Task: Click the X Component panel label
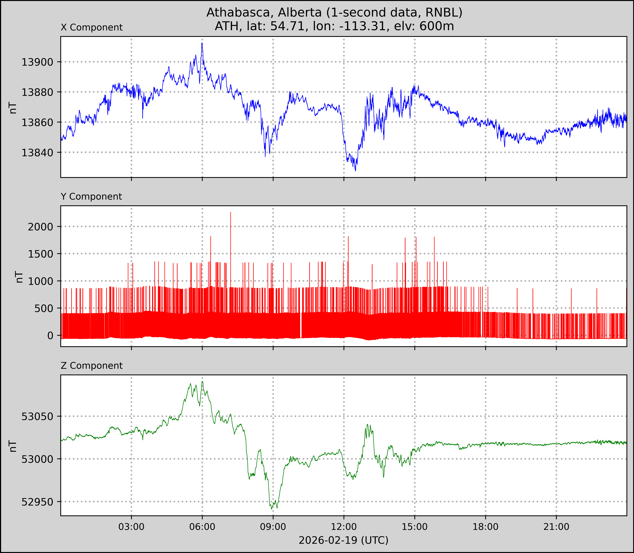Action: click(92, 28)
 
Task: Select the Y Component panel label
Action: click(91, 197)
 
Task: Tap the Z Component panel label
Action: click(92, 366)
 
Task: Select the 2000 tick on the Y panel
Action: click(40, 227)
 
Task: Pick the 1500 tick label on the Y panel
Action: click(40, 254)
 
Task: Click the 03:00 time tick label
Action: click(131, 527)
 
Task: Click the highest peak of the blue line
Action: click(202, 43)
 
